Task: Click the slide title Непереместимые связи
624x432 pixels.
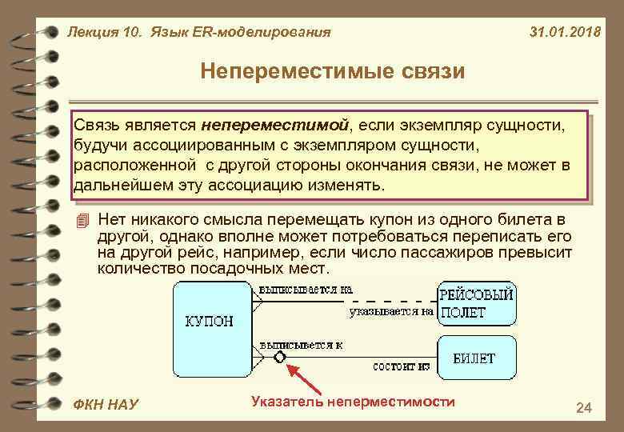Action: click(332, 72)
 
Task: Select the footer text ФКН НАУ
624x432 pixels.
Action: click(105, 405)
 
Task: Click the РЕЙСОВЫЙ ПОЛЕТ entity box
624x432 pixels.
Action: click(477, 303)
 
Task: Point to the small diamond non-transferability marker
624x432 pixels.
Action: click(279, 357)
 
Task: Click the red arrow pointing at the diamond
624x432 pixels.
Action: click(308, 380)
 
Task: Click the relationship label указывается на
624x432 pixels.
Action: click(390, 311)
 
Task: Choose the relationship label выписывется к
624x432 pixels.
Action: click(301, 344)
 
